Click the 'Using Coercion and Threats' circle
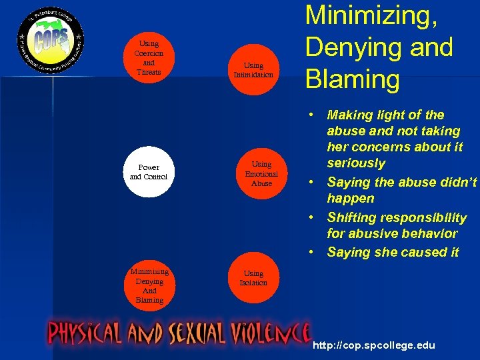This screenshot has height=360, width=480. [x=149, y=57]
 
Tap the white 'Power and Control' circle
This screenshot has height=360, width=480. [x=149, y=172]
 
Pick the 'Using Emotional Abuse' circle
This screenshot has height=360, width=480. [x=261, y=173]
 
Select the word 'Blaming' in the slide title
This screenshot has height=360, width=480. [x=352, y=79]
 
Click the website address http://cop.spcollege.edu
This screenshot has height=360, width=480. [x=373, y=345]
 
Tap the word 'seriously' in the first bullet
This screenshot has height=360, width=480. [x=355, y=163]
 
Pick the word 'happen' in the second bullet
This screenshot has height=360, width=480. [x=350, y=199]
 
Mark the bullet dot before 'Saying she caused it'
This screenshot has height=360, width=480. [x=311, y=253]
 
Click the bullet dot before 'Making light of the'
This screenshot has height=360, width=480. [x=311, y=115]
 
